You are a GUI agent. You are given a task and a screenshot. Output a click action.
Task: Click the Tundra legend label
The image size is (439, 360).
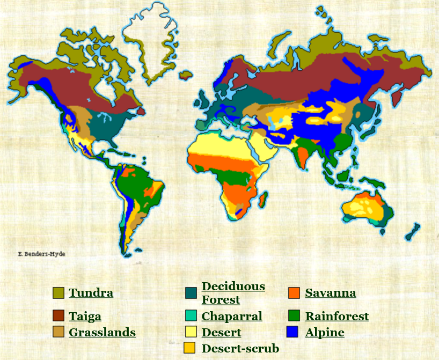tap(91, 293)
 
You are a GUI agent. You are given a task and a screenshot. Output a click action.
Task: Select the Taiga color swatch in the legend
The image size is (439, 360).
tap(58, 316)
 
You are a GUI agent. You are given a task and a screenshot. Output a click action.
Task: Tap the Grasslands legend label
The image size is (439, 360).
tap(102, 333)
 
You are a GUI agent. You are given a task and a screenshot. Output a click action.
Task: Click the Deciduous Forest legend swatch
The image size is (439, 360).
tap(191, 293)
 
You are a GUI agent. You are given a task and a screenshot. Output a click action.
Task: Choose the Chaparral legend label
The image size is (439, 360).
tap(232, 316)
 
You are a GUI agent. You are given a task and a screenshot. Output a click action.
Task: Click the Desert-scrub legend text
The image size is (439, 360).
tap(240, 349)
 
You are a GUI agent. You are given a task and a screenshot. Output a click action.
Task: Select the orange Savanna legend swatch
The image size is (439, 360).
tap(294, 293)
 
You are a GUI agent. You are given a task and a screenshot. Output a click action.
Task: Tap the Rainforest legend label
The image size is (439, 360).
tap(337, 316)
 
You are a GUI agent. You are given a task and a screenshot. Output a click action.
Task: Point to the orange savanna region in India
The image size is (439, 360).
tap(302, 156)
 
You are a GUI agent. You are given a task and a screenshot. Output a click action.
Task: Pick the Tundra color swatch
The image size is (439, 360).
tap(58, 293)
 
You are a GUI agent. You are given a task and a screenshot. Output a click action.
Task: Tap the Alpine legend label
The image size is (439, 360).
tap(325, 333)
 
